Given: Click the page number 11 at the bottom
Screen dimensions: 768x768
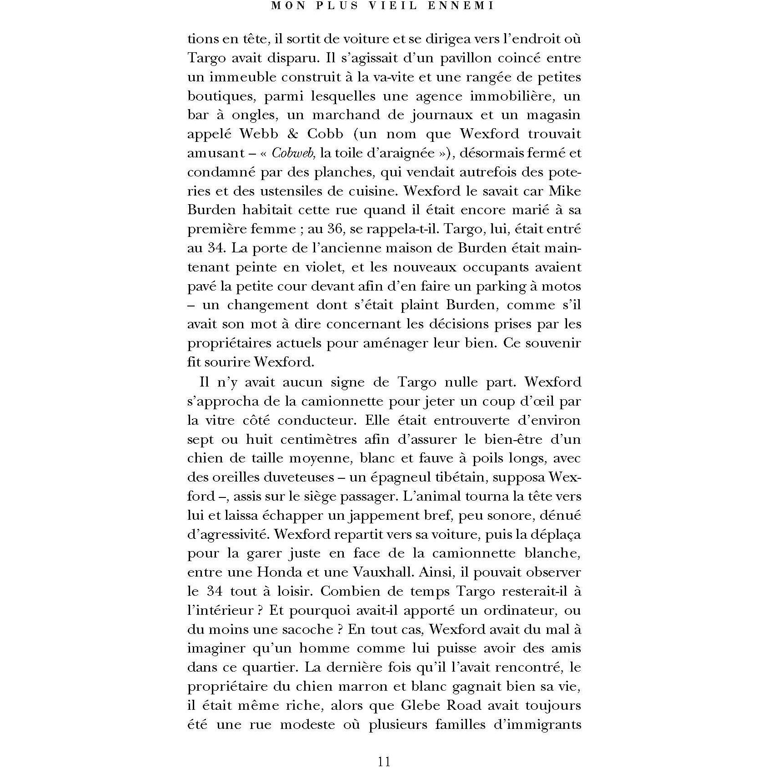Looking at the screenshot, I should pyautogui.click(x=384, y=761).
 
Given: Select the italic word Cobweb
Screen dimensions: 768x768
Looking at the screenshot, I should pyautogui.click(x=293, y=153).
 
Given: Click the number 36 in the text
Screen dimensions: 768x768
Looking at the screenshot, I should pyautogui.click(x=334, y=229).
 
